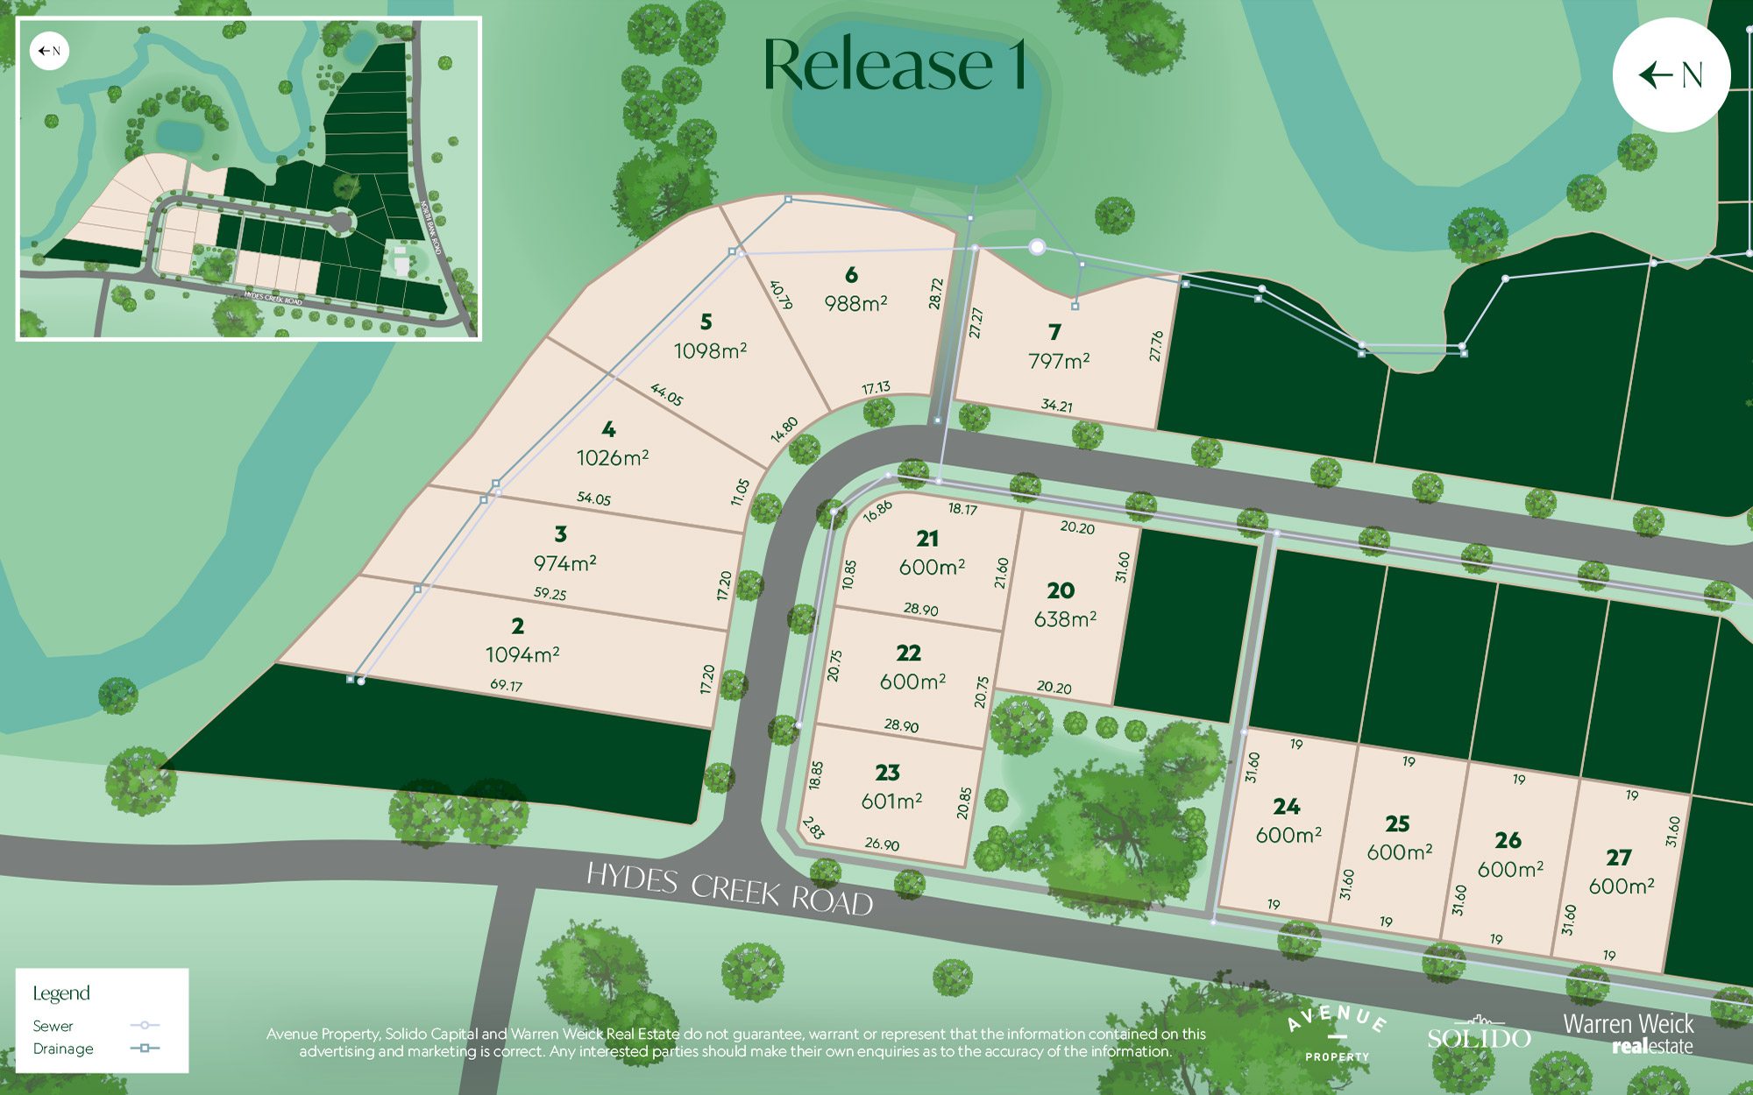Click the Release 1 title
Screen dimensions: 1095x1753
tap(894, 65)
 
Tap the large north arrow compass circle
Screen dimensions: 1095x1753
tap(1671, 74)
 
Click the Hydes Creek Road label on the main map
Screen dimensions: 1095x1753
tap(729, 888)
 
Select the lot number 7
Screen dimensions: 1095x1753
tap(1054, 332)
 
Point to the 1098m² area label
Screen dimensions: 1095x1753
tap(710, 351)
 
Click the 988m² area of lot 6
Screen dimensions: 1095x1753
tap(855, 303)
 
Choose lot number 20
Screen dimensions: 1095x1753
tap(1061, 590)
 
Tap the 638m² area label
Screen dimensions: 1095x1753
tap(1065, 619)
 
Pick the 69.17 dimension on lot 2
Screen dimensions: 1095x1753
tap(507, 684)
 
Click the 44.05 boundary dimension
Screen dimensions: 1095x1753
tap(666, 395)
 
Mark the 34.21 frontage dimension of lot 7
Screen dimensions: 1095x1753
tap(1056, 406)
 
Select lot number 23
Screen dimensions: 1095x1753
tap(887, 772)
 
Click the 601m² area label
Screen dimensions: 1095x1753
tap(891, 801)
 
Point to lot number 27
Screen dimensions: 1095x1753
tap(1619, 857)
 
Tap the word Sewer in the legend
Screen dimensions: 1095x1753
tap(53, 1026)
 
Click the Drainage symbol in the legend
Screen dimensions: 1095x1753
tap(145, 1048)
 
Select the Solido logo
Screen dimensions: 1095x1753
tap(1479, 1035)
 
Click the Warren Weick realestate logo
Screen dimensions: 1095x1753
tap(1628, 1034)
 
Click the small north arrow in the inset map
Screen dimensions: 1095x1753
tap(49, 51)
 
